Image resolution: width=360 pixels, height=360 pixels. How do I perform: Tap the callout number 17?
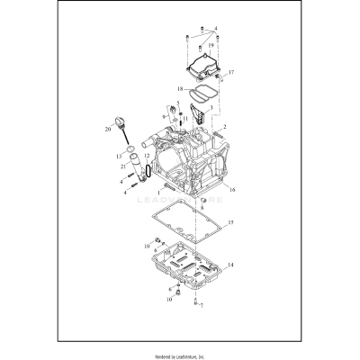tap(230, 71)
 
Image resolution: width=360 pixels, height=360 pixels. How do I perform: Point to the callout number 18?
tap(180, 89)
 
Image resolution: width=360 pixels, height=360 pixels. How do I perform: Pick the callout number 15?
tap(231, 221)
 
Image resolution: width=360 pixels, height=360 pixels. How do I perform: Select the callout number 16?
tap(231, 190)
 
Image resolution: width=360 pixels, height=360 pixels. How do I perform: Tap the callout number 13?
tap(119, 155)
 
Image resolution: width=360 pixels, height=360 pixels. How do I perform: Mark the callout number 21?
tap(122, 167)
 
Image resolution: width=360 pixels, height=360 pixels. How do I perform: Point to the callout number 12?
tap(148, 157)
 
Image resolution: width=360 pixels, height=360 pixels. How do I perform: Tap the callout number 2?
tap(225, 127)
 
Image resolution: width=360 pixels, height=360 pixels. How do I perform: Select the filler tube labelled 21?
tap(139, 167)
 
